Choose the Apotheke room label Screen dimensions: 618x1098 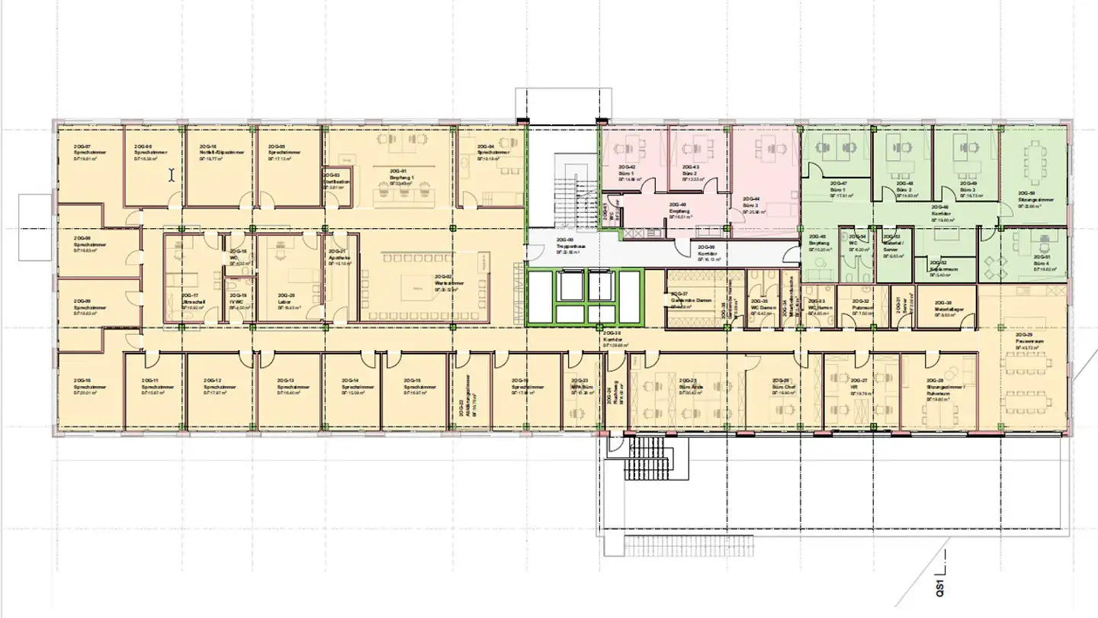[339, 257]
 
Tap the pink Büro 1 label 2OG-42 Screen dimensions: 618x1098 [628, 174]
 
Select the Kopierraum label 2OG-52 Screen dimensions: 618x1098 [938, 268]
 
